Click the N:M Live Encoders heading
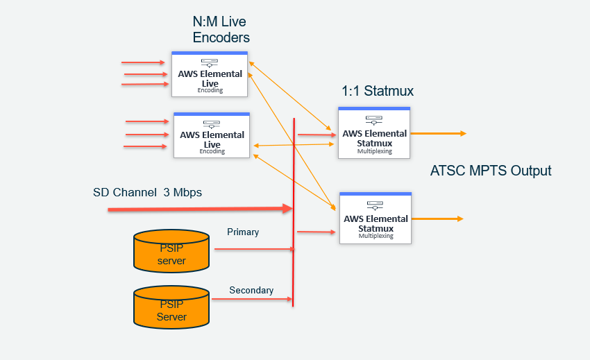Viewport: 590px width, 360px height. [x=221, y=30]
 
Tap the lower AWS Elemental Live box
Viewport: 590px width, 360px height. [x=212, y=135]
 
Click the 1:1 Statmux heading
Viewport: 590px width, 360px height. [x=378, y=91]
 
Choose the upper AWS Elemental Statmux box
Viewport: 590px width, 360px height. [x=374, y=132]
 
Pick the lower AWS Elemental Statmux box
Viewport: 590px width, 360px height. [x=375, y=218]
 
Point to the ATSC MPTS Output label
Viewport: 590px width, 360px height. [x=491, y=171]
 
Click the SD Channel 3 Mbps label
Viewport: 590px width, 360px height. [x=147, y=192]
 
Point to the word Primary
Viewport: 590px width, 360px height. [x=243, y=232]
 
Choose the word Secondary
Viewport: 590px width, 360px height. [x=251, y=290]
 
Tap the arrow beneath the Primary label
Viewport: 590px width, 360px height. [x=253, y=248]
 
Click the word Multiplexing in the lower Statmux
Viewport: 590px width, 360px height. [x=376, y=236]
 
